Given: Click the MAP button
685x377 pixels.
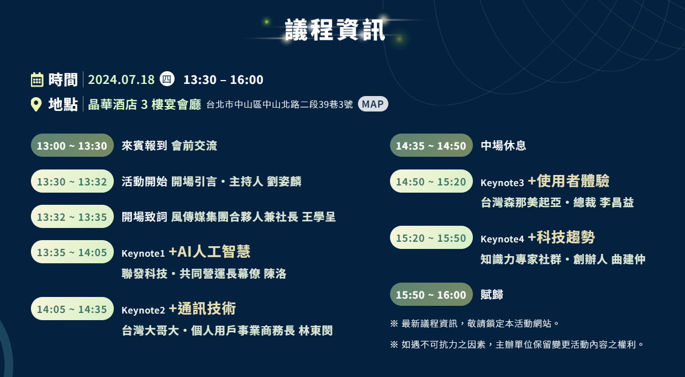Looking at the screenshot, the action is click(x=373, y=104).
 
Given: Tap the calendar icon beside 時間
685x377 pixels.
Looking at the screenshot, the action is click(x=37, y=79).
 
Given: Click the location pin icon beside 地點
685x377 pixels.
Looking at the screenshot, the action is click(x=36, y=104).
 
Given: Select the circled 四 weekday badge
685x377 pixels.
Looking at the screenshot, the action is click(x=167, y=79).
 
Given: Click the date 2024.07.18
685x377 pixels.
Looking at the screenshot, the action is click(x=122, y=79).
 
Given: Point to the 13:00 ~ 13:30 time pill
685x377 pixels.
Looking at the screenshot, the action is click(x=72, y=145).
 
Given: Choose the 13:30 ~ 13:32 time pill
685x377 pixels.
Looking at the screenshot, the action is click(x=72, y=181).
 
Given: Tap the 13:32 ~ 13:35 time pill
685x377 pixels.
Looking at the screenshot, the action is click(x=72, y=216).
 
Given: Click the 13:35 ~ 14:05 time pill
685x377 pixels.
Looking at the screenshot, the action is click(x=72, y=252).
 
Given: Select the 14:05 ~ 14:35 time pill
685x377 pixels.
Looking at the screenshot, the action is click(x=72, y=309).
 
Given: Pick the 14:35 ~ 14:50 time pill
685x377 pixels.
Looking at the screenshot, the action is click(x=431, y=145).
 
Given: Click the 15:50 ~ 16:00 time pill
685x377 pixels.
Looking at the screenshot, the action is click(x=431, y=294).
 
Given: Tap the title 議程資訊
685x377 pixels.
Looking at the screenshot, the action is click(x=335, y=30).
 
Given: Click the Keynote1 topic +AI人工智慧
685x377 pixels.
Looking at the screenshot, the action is click(x=209, y=252).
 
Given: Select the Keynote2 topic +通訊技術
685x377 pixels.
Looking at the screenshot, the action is click(x=202, y=308).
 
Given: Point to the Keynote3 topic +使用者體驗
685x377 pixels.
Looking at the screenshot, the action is click(x=568, y=181).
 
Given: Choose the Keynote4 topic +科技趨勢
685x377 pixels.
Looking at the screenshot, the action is click(x=561, y=237).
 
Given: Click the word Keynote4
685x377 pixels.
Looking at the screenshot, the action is click(x=502, y=239).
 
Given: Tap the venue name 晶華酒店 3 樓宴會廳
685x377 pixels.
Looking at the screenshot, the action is click(x=145, y=104).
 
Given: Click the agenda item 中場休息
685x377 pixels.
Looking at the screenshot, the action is click(x=503, y=145).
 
